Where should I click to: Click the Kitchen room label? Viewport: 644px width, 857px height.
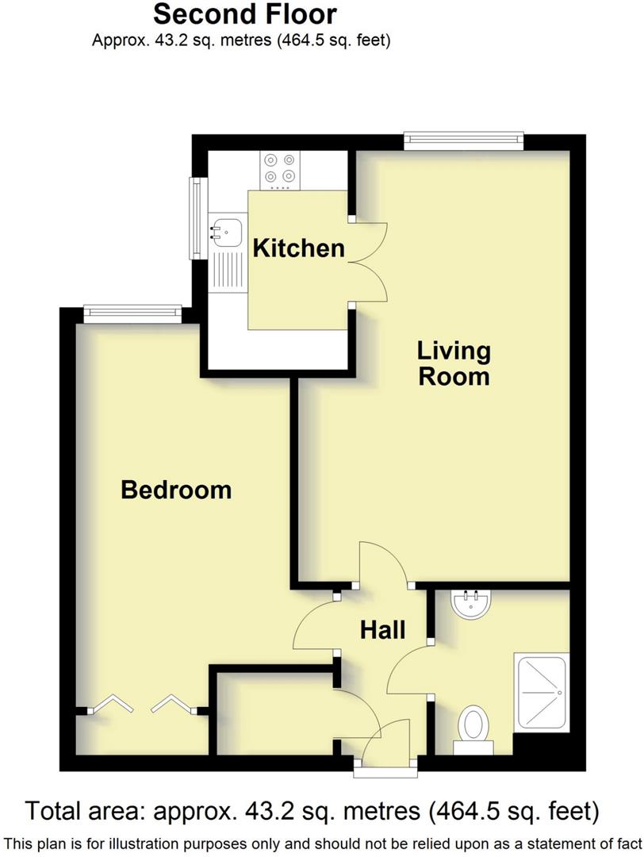(x=298, y=248)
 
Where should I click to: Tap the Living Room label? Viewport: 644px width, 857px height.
(x=454, y=363)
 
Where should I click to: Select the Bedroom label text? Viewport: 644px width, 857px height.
(x=176, y=490)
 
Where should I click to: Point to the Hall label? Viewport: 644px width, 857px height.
(x=383, y=630)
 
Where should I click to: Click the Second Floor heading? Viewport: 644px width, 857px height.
(x=244, y=14)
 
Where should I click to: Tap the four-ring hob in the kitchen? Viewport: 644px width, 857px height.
(x=279, y=167)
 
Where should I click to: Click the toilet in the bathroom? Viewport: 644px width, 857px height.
(x=474, y=726)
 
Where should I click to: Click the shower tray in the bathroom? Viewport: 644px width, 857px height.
(x=542, y=692)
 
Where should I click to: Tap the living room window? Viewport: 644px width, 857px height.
(x=464, y=141)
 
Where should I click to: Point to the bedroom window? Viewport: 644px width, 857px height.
(x=132, y=314)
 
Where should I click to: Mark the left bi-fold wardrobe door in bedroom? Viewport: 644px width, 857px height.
(x=107, y=704)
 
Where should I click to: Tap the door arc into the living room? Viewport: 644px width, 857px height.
(x=384, y=563)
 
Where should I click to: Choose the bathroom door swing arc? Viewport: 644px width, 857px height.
(x=407, y=668)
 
